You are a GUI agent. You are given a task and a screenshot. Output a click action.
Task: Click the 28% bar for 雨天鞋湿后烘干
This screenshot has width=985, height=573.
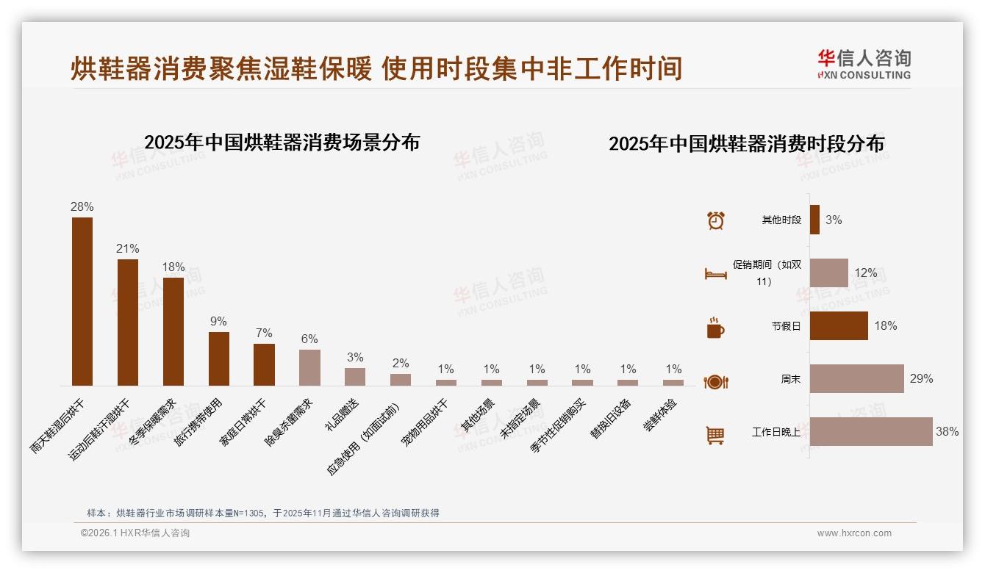(82, 301)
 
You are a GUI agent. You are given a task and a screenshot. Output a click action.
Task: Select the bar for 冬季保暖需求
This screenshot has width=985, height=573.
(173, 331)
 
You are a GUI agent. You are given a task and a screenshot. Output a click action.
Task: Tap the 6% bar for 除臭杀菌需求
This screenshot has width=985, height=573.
(309, 367)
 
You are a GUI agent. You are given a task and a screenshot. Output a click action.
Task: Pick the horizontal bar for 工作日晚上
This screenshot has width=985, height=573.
(871, 432)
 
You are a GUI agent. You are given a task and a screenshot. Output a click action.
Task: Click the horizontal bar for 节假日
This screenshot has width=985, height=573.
(839, 325)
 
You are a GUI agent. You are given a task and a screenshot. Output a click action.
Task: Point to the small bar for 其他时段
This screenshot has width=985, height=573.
(814, 220)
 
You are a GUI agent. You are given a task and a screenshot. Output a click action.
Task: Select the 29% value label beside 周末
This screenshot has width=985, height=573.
(921, 378)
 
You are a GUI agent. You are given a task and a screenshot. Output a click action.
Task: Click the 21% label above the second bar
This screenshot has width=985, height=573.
(127, 248)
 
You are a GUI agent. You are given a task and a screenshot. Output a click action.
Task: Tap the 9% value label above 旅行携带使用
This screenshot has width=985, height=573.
(218, 321)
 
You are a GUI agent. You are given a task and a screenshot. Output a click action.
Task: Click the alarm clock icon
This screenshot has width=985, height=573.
(715, 220)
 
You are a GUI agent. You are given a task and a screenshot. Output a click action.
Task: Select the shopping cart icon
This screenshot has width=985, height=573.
(715, 435)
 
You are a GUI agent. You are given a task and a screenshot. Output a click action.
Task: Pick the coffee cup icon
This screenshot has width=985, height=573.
(715, 328)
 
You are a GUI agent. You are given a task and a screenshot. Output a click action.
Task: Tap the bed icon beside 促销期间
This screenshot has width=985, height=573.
(715, 274)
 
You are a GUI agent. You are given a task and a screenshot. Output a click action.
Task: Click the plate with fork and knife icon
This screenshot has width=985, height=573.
(715, 381)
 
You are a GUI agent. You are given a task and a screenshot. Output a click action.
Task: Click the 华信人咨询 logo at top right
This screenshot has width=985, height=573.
(864, 64)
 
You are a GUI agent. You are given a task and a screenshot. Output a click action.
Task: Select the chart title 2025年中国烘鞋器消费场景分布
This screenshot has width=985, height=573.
(282, 142)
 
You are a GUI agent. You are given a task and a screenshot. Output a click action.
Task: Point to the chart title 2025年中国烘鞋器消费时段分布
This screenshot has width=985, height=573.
(746, 143)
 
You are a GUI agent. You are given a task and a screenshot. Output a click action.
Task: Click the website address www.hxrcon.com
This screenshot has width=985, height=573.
(854, 533)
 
